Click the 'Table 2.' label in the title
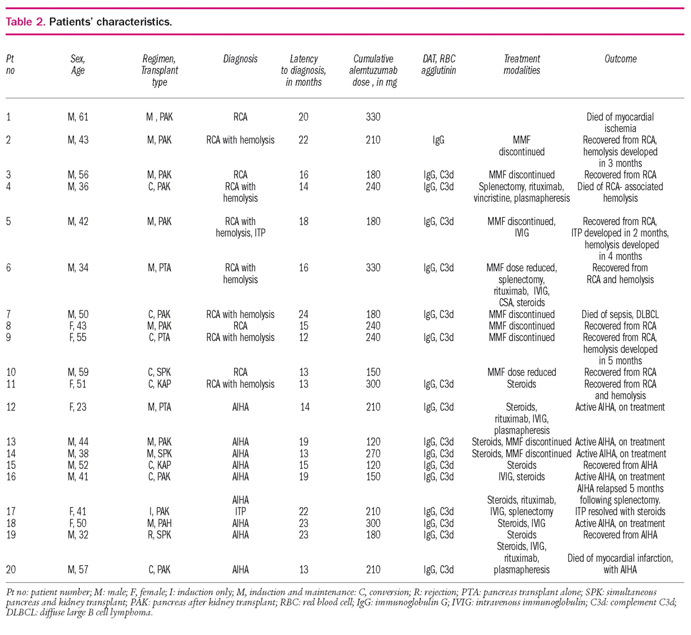point(25,22)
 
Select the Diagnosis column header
point(240,59)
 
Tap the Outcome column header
point(620,59)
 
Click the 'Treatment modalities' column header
point(522,65)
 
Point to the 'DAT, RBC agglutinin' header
point(439,65)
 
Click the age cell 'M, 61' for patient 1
point(78,117)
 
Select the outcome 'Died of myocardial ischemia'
point(620,122)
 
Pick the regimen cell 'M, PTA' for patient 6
point(159,268)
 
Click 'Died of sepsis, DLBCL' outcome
point(620,314)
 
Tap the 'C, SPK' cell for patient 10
point(159,372)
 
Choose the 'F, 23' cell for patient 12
point(78,407)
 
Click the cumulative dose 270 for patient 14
point(373,454)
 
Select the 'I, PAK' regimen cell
point(159,511)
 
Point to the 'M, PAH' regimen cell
point(159,523)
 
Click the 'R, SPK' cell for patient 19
point(159,535)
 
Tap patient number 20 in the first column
point(11,569)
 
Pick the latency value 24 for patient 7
point(303,314)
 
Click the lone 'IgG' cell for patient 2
point(439,140)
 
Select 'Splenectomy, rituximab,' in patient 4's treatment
point(521,187)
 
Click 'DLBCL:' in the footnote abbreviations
point(22,613)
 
